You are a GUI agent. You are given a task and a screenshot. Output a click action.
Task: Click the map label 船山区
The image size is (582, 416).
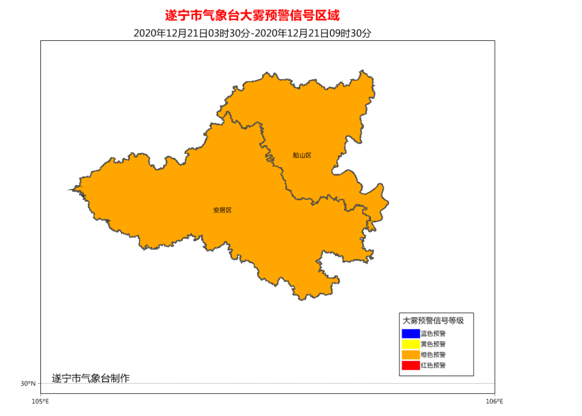302,156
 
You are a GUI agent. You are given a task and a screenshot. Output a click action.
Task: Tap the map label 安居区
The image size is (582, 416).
222,210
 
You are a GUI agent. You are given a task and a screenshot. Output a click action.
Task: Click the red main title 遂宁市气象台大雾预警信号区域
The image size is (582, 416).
252,15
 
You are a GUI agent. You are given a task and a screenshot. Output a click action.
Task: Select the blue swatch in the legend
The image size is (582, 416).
410,334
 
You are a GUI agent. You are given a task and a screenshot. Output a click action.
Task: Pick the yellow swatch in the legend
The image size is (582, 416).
410,344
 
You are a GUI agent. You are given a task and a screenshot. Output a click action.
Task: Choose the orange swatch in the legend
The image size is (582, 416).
410,355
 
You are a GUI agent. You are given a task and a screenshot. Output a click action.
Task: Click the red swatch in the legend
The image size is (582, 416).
410,366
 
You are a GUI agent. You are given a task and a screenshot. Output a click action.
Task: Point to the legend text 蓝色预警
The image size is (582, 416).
433,334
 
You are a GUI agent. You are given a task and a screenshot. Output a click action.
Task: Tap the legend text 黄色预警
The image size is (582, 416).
433,344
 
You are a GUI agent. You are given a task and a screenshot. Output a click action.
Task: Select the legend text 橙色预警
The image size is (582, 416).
433,355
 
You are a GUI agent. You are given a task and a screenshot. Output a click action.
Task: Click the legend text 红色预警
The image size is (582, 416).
433,366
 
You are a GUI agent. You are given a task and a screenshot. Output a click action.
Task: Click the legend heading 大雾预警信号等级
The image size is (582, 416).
433,321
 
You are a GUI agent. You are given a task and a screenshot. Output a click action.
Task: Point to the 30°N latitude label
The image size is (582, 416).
28,384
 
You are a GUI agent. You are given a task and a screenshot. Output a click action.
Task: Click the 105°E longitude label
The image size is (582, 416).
40,401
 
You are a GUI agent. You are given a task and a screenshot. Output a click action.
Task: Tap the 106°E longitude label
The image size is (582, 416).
495,401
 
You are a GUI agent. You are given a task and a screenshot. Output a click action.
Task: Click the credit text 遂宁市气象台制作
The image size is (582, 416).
91,378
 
